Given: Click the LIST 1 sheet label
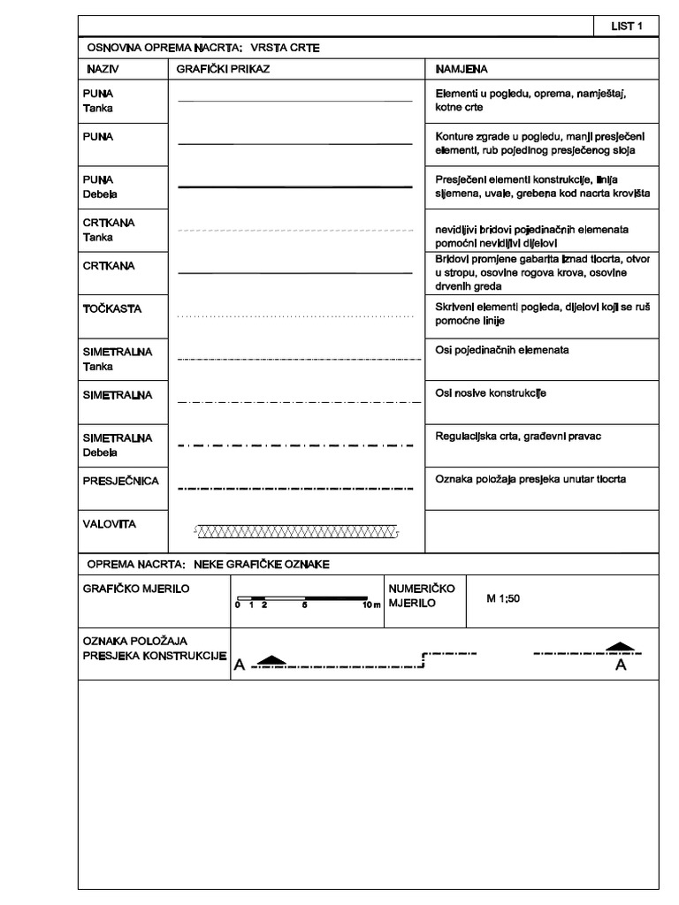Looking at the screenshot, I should (626, 27).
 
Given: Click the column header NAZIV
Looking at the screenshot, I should (103, 68).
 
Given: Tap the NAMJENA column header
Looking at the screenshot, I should (462, 68).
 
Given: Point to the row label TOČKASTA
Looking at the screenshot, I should (111, 309).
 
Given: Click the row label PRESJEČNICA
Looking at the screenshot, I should (120, 481).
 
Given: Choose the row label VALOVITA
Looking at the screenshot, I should (109, 524).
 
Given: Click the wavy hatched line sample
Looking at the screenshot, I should (296, 532).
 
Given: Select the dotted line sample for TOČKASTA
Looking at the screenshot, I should (296, 316).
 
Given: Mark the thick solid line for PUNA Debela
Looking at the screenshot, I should (296, 187).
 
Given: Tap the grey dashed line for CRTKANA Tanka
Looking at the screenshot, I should (296, 230).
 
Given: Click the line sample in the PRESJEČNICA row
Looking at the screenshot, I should (296, 487).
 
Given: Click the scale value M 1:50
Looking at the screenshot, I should (503, 598).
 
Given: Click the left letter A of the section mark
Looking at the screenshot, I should (239, 667).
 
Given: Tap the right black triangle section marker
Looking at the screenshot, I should (621, 647).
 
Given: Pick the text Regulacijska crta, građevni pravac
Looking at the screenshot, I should (520, 437).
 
